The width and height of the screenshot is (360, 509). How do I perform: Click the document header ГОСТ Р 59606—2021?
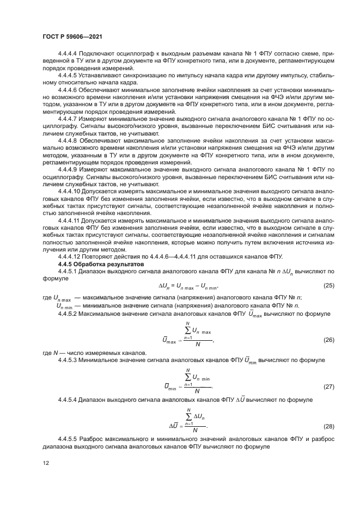[72, 36]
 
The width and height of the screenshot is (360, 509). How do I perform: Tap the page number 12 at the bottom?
[46, 464]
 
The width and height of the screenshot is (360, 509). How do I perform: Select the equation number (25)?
[328, 285]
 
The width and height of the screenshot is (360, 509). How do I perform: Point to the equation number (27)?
[328, 387]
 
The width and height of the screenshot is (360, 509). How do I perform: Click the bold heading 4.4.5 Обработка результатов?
[93, 263]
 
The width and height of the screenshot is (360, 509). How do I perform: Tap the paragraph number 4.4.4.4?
[68, 55]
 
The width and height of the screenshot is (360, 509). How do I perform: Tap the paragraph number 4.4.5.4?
[68, 400]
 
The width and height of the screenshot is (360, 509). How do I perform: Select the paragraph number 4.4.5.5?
[68, 439]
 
